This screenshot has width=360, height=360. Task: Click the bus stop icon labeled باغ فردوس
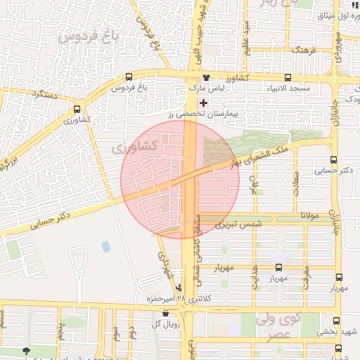pyautogui.click(x=128, y=77)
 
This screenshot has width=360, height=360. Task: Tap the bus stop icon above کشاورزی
pyautogui.click(x=77, y=110)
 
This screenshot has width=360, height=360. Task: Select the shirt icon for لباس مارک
pyautogui.click(x=206, y=78)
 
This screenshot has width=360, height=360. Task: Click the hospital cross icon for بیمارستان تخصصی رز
pyautogui.click(x=204, y=103)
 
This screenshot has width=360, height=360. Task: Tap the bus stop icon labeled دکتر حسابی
pyautogui.click(x=333, y=160)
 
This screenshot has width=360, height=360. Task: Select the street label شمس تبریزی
pyautogui.click(x=238, y=225)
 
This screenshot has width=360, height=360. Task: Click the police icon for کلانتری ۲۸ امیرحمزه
pyautogui.click(x=179, y=288)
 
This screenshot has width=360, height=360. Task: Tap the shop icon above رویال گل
pyautogui.click(x=165, y=314)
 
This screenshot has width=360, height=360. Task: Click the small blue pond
pyautogui.click(x=105, y=247)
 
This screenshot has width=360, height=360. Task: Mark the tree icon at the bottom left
pyautogui.click(x=27, y=351)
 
